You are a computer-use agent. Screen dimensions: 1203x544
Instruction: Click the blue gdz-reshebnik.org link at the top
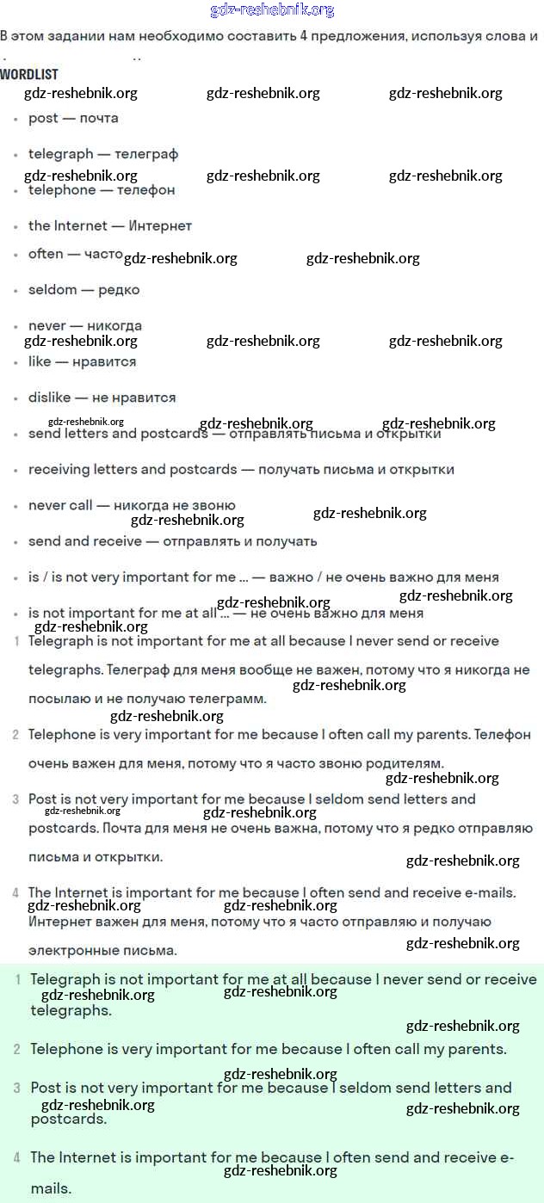point(272,10)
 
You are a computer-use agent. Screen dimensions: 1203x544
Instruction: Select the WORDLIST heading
point(29,75)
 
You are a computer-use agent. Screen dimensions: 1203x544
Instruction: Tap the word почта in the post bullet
point(99,118)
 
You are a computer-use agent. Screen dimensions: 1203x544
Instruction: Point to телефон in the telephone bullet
point(145,189)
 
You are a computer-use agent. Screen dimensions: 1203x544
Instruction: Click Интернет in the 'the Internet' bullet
point(160,225)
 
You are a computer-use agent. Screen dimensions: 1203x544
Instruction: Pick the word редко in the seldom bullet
point(119,290)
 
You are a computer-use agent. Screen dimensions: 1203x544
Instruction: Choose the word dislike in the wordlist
point(50,398)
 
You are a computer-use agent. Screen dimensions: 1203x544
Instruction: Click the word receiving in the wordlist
point(59,470)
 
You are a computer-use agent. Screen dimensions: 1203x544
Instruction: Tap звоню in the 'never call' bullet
point(214,505)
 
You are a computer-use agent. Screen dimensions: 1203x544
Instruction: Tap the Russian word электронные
point(75,951)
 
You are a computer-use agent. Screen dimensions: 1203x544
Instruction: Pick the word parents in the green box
point(476,1050)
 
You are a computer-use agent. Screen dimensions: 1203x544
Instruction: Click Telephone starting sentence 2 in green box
point(66,1050)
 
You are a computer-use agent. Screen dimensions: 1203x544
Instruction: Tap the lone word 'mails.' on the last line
point(51,1189)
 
